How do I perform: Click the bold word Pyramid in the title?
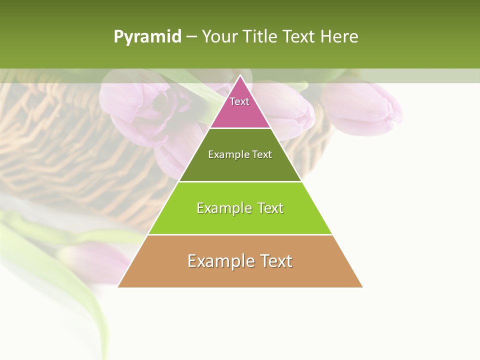click(147, 37)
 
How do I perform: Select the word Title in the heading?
click(260, 37)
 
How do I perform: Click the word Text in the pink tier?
click(239, 101)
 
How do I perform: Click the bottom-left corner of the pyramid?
click(118, 286)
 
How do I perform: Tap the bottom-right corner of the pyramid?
click(362, 286)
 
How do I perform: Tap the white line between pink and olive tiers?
click(240, 128)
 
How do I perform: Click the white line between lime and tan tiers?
click(240, 234)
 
